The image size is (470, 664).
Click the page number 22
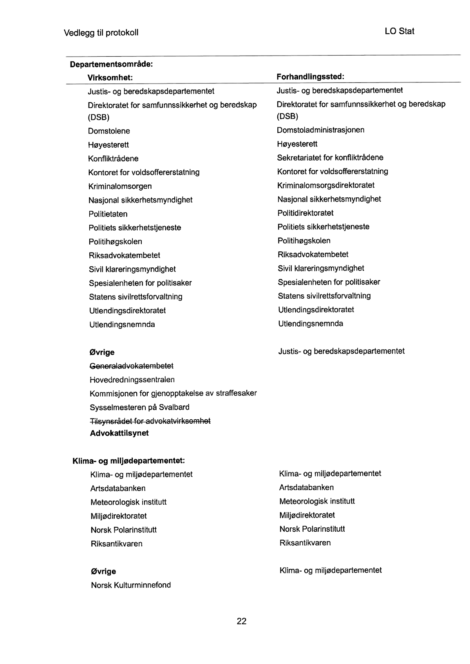click(x=241, y=621)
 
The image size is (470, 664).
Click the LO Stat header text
click(x=399, y=31)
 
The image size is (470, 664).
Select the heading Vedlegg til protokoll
click(x=101, y=32)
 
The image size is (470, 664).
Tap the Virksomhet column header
click(x=110, y=78)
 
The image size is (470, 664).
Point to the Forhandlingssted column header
click(x=310, y=76)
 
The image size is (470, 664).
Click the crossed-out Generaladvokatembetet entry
click(x=132, y=366)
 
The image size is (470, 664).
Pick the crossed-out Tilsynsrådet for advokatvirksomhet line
click(x=150, y=421)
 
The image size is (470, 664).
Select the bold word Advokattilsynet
click(x=119, y=433)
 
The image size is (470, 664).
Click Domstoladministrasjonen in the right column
click(x=320, y=130)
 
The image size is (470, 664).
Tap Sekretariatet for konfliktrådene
click(x=330, y=158)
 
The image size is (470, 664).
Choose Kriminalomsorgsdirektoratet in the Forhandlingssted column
click(x=326, y=185)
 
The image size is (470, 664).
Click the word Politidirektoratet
click(x=305, y=213)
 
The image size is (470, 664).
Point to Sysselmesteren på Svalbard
click(x=140, y=407)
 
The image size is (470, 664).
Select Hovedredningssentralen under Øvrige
click(x=132, y=380)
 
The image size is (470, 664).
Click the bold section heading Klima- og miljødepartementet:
click(x=129, y=461)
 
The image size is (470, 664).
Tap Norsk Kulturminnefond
click(x=131, y=585)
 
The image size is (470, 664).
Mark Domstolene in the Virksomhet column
click(x=109, y=131)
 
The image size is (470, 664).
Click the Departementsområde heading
click(x=111, y=64)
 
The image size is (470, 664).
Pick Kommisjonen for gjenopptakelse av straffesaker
click(x=173, y=393)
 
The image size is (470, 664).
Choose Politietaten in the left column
click(x=108, y=214)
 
